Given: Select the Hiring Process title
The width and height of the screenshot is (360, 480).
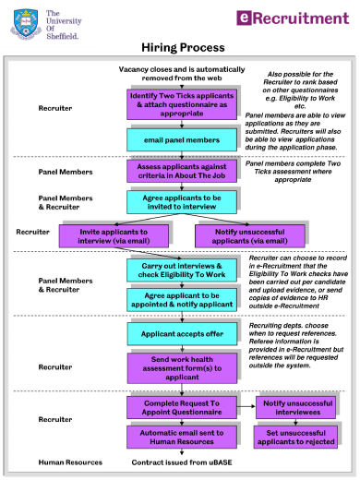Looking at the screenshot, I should [182, 47].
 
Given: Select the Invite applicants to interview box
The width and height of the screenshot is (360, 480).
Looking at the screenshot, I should [104, 236].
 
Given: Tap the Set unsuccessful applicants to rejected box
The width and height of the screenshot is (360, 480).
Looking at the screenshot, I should [296, 437].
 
